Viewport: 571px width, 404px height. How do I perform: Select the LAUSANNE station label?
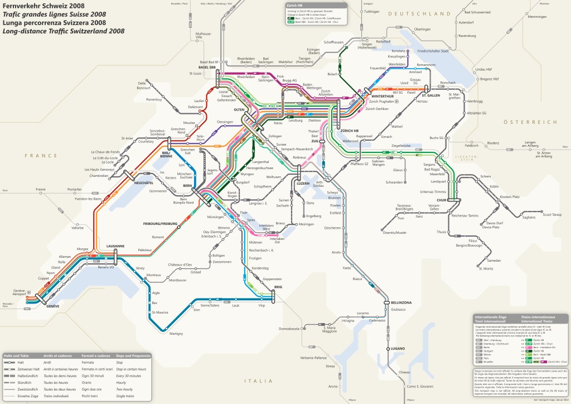pos(115,246)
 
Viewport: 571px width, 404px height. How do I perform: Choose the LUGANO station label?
pos(398,348)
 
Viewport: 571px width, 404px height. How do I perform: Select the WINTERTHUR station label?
pos(379,97)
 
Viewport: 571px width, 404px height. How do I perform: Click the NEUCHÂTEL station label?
pos(143,182)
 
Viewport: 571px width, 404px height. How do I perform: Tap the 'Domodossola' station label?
pos(289,329)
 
